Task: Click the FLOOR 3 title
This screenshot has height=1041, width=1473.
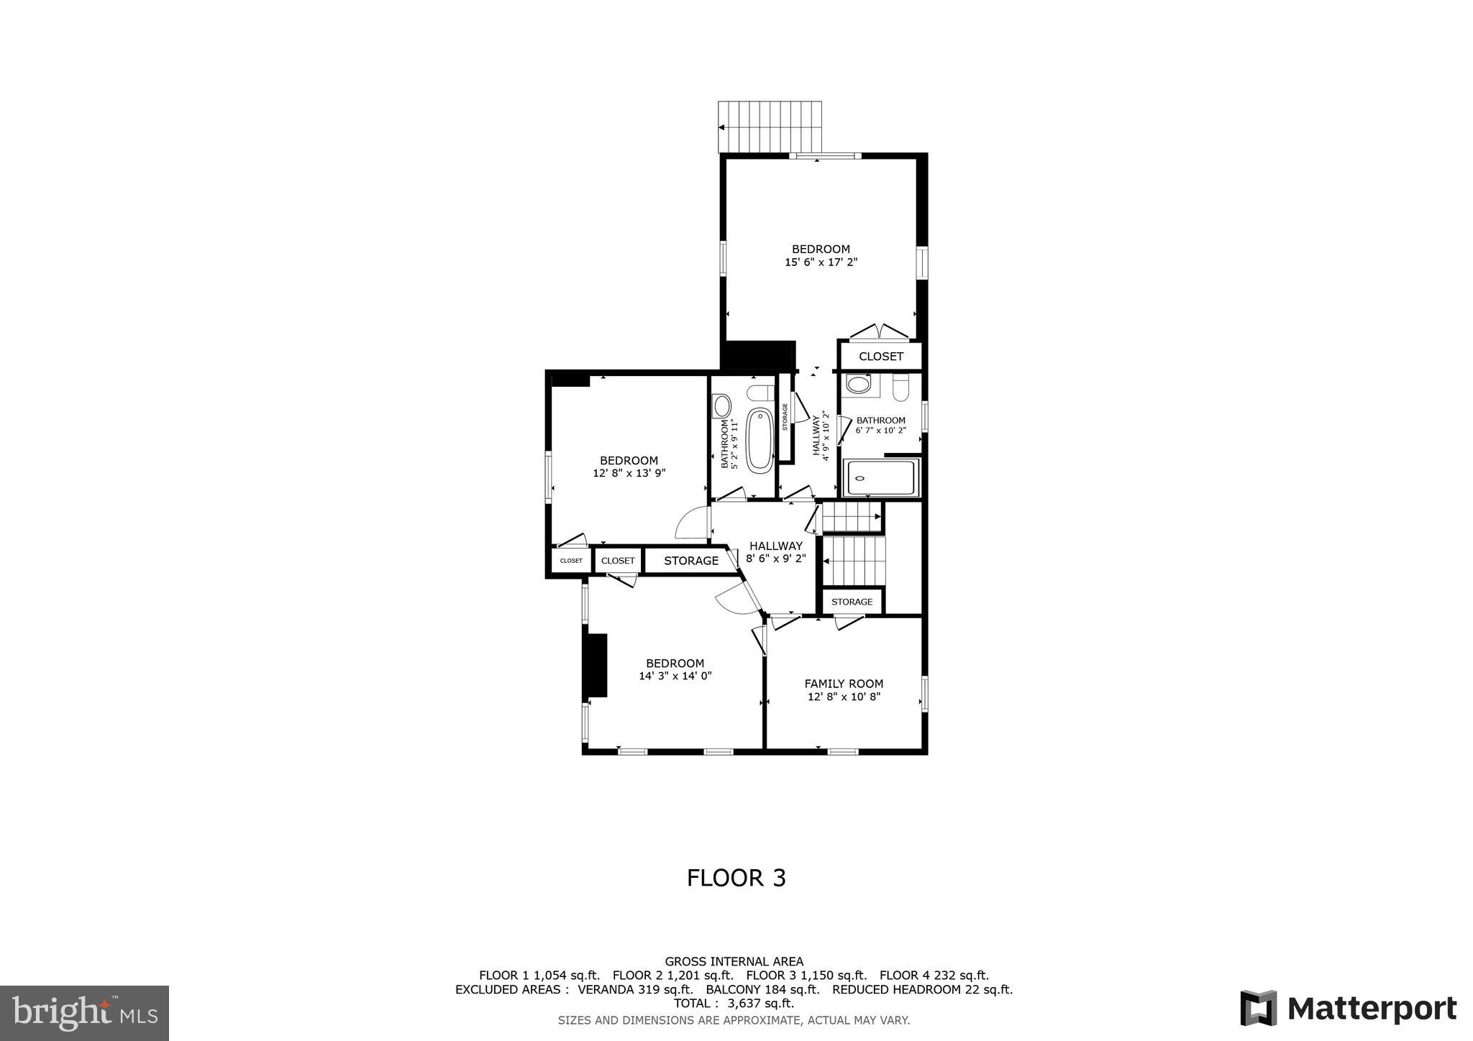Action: [x=736, y=878]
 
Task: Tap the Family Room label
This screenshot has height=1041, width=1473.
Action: [x=844, y=684]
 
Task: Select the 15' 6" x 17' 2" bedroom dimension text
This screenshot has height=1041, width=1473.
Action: [x=821, y=262]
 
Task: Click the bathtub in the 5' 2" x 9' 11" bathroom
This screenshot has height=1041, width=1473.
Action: [x=760, y=440]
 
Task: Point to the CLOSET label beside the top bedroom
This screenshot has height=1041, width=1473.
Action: [x=880, y=357]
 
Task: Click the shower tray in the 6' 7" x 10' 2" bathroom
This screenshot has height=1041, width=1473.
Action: [x=882, y=478]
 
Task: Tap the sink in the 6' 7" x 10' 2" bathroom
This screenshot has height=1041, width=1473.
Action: [x=858, y=384]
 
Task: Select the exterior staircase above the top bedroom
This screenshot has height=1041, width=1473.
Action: [x=770, y=127]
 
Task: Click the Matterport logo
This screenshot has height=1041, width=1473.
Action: [x=1348, y=1008]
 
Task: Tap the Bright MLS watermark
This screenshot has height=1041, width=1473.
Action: [x=85, y=1013]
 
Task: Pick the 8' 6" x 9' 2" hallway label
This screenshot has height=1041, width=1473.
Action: [x=775, y=551]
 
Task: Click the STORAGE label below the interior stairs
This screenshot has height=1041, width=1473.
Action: [x=852, y=602]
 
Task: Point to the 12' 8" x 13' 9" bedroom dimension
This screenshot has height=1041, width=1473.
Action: [x=629, y=473]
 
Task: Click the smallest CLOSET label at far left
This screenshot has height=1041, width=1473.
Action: [x=571, y=561]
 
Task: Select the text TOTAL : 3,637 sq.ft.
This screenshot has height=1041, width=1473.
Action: [x=734, y=1004]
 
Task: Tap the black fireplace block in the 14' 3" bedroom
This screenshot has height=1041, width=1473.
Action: [x=597, y=665]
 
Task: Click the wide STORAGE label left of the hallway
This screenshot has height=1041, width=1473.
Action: [x=690, y=561]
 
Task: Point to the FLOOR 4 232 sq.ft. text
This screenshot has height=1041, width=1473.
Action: [x=934, y=976]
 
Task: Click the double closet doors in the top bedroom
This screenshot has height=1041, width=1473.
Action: [x=880, y=332]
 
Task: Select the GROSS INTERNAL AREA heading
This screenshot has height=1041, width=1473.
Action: [x=734, y=961]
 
